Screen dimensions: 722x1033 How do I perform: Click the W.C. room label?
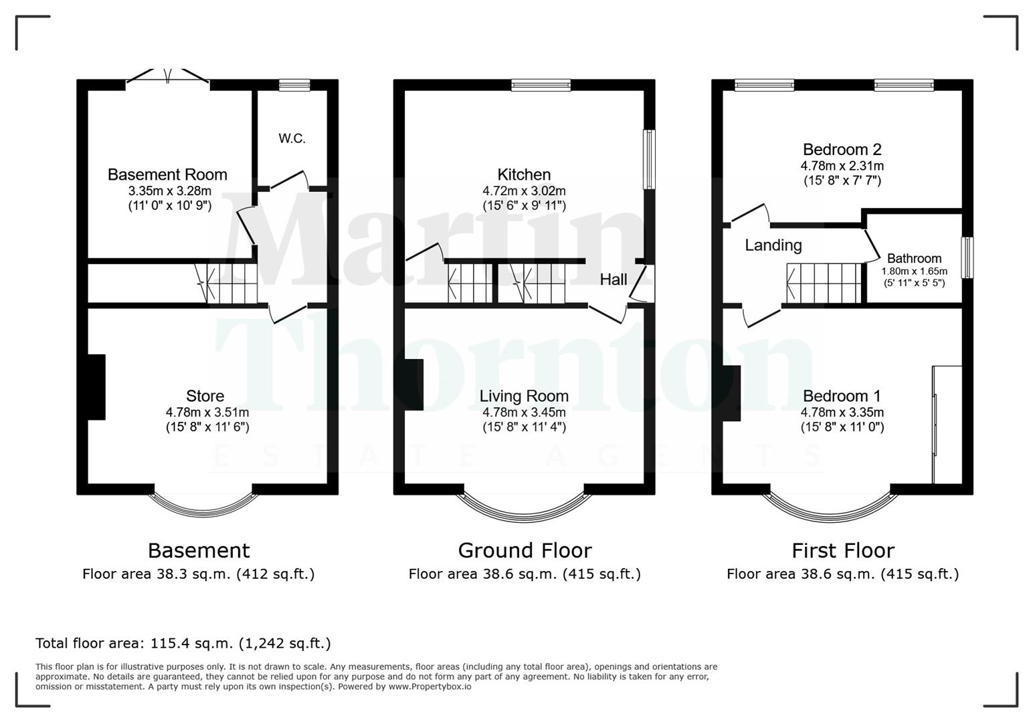[292, 138]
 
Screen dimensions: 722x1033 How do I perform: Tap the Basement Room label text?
[167, 174]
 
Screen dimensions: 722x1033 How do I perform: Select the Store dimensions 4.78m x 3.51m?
[207, 412]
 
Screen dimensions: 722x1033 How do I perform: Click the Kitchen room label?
[524, 174]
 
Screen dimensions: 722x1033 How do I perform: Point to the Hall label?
[613, 279]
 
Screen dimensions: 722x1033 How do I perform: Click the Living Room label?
[524, 396]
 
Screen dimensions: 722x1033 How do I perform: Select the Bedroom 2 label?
[842, 149]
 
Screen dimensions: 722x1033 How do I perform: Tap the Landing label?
[773, 245]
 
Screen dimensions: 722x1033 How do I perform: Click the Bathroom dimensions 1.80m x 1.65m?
[914, 271]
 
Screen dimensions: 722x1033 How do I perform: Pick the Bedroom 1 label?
[842, 396]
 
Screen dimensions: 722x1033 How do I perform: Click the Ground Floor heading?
[525, 550]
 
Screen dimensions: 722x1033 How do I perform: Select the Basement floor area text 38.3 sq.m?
[198, 574]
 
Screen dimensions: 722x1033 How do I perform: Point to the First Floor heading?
[842, 550]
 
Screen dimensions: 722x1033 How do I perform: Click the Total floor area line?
[183, 643]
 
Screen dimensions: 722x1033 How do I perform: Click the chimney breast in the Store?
[96, 387]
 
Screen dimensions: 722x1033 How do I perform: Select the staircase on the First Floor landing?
[824, 283]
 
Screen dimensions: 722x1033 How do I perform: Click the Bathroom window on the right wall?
[967, 257]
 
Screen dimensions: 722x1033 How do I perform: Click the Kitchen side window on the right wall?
[648, 159]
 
